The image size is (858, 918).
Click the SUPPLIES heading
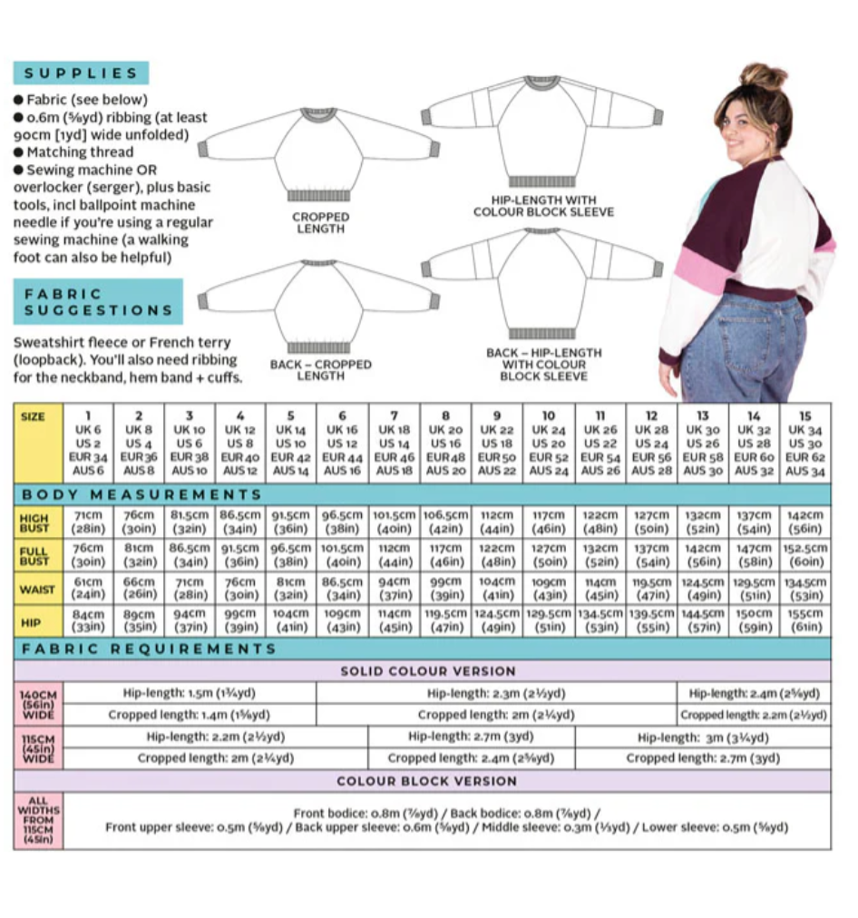[81, 73]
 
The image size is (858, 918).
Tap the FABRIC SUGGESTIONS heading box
[98, 302]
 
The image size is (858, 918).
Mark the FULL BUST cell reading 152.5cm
[804, 554]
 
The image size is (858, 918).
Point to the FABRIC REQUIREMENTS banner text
[150, 649]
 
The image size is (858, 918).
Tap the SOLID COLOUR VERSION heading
[427, 671]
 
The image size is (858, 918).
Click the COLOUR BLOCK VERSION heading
[427, 781]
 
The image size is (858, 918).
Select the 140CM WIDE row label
[37, 704]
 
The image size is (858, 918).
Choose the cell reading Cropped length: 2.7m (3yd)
[702, 758]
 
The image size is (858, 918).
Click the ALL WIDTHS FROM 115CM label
[37, 821]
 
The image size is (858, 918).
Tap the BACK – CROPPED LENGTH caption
[320, 370]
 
